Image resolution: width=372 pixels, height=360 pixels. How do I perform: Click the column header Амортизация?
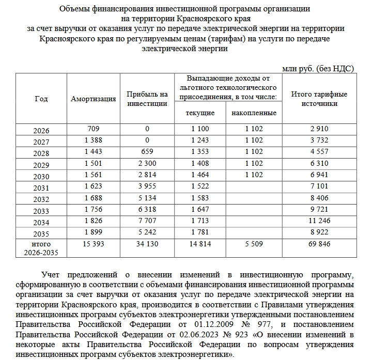coord(93,99)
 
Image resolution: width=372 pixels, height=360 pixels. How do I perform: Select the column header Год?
coord(41,99)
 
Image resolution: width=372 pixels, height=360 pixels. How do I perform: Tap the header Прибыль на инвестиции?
coord(147,99)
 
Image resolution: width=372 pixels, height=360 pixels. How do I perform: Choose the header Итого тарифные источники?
coord(319,99)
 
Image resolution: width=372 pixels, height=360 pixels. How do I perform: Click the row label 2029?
coord(41,164)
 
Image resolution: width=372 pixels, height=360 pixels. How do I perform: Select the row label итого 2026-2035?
coord(41,248)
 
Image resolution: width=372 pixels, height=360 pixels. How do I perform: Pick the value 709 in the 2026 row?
coord(93,128)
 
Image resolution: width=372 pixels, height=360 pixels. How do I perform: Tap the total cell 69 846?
coord(319,244)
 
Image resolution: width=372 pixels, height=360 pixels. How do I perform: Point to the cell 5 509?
coord(253,244)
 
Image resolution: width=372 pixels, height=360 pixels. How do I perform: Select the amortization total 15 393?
coord(93,244)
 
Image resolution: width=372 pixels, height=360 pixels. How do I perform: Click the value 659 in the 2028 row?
coord(147,153)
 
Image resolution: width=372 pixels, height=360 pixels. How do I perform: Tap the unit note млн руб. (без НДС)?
coord(318,68)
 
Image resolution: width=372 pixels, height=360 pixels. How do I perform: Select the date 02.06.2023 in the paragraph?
coord(179,334)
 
